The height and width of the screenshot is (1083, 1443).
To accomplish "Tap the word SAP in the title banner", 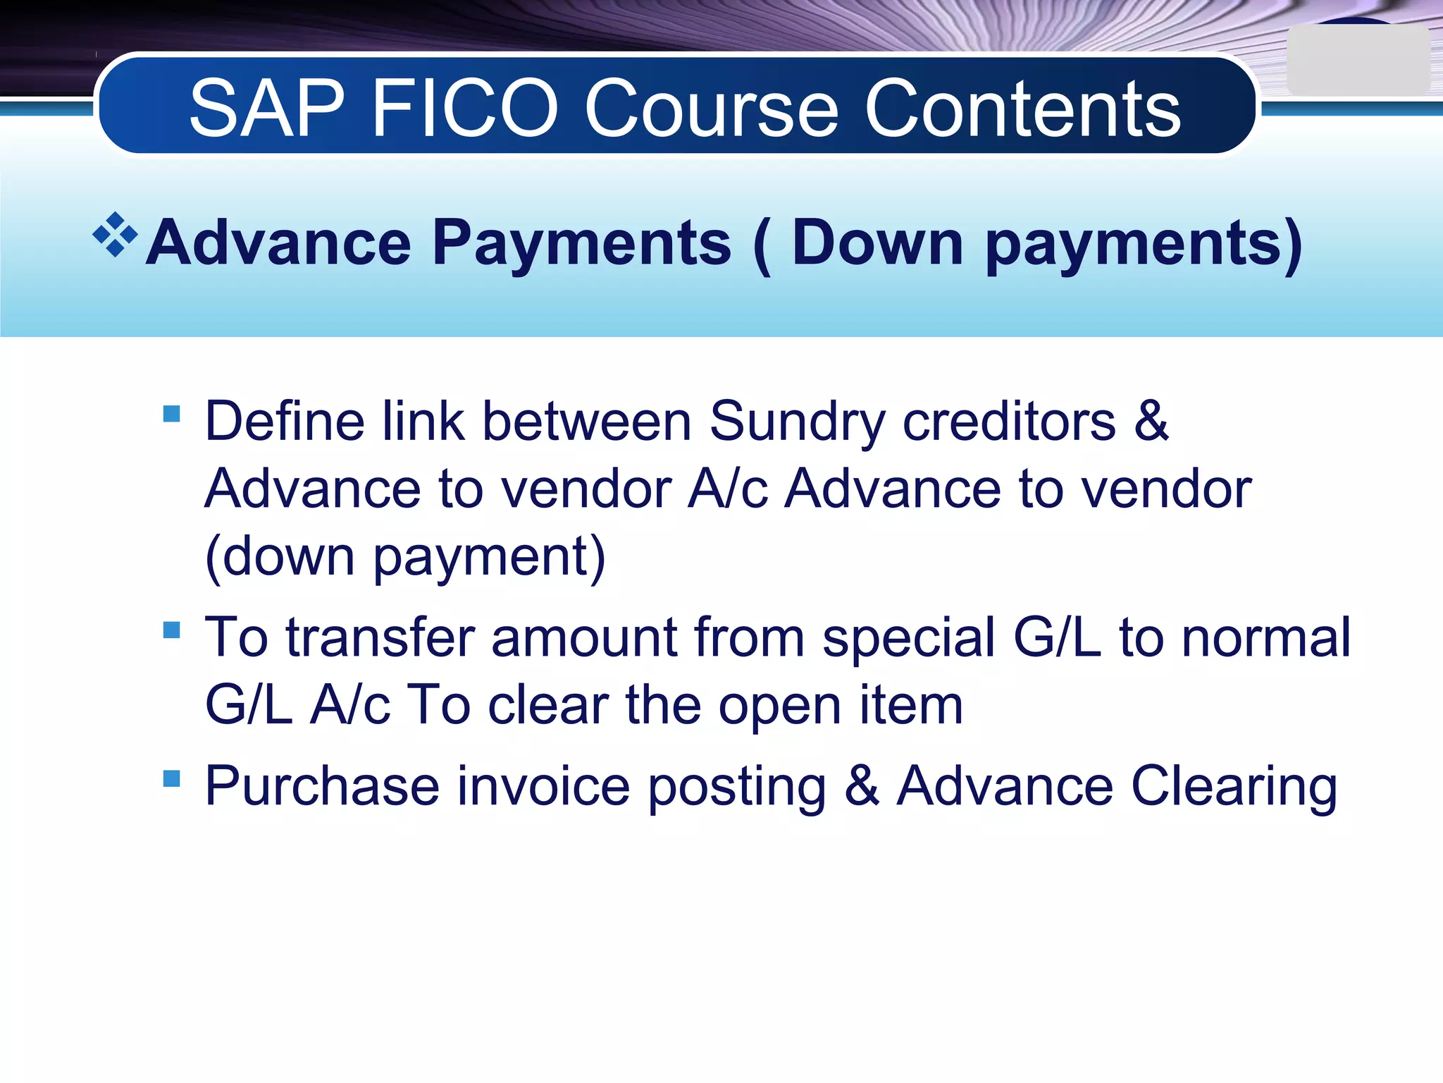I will click(x=267, y=109).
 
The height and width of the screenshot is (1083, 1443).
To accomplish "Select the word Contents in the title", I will click(x=1022, y=109).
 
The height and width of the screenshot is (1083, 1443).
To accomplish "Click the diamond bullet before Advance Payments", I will click(x=115, y=235).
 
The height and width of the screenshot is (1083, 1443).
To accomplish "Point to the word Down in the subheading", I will click(x=877, y=243).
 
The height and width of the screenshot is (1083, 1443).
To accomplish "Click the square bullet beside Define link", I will click(x=171, y=413).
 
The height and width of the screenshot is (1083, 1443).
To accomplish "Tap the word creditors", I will click(x=1009, y=422).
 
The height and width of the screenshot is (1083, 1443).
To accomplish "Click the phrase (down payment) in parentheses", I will click(x=405, y=557).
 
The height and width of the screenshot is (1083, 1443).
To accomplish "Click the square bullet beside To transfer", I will click(x=171, y=629).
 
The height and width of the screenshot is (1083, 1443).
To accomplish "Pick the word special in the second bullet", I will click(x=908, y=638).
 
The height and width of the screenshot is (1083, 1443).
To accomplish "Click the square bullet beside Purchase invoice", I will click(x=171, y=778).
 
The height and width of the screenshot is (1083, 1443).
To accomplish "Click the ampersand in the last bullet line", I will click(x=862, y=786).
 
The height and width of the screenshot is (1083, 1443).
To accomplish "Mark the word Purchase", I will click(x=322, y=786).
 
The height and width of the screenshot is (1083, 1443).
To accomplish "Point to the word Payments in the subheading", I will click(x=581, y=243).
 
